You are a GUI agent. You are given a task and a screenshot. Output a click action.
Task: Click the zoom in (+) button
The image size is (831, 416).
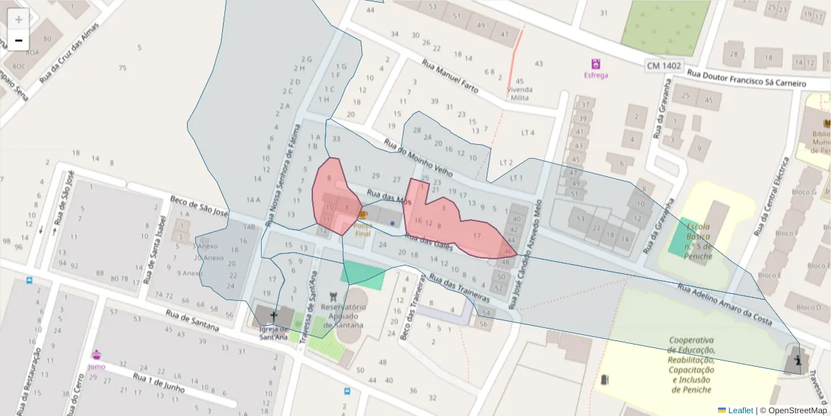[x=19, y=19]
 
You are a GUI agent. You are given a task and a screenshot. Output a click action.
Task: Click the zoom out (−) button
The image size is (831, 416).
[x=19, y=40]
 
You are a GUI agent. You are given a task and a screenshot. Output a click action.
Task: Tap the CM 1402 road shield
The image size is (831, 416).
[x=663, y=66]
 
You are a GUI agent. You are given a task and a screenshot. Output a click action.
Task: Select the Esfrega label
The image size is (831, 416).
[x=596, y=75]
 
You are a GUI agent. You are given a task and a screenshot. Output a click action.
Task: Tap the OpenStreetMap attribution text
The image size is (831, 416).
[x=794, y=410]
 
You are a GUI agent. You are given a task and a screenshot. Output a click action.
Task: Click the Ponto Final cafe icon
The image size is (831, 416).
[x=363, y=216]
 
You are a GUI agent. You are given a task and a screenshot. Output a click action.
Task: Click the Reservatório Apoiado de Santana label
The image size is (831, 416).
[x=343, y=316]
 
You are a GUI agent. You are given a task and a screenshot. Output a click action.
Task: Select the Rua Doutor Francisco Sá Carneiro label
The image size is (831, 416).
[x=748, y=78]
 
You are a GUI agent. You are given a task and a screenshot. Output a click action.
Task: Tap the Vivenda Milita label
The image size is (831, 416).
[x=520, y=94]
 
